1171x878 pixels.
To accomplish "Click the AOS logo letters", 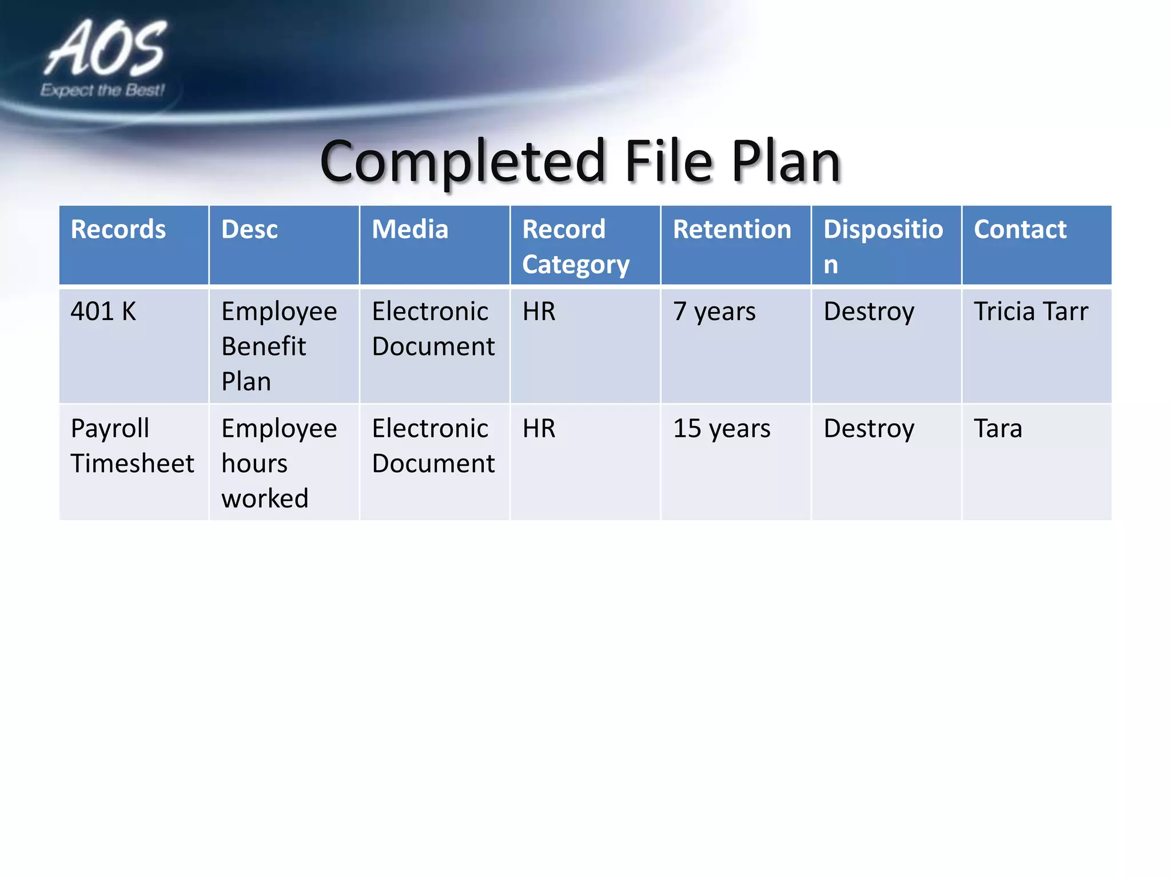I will [x=106, y=49].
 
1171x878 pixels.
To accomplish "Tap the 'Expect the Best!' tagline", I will [x=102, y=90].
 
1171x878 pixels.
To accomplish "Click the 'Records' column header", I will [x=118, y=230].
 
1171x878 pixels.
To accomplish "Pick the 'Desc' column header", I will [x=249, y=230].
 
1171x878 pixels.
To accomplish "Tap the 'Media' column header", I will [x=410, y=230].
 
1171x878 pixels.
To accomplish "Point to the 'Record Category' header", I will [x=575, y=247].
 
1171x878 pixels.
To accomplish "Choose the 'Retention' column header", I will [x=732, y=230].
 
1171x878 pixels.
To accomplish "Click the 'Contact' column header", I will [x=1020, y=230].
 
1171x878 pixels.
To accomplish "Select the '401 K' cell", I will [x=103, y=312].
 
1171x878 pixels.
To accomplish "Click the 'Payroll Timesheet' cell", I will [x=132, y=446].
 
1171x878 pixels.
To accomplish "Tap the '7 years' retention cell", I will [x=714, y=312].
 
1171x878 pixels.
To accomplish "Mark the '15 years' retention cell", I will [x=722, y=429].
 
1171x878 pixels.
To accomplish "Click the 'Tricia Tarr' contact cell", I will [x=1031, y=312].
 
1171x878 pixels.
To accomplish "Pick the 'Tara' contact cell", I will [x=998, y=429].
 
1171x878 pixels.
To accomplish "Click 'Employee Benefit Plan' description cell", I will [x=279, y=346].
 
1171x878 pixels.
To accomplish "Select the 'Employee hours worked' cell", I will [x=279, y=463].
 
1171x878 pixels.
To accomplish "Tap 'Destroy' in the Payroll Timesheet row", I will [x=869, y=429].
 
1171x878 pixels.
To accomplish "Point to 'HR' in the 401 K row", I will [x=539, y=312].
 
